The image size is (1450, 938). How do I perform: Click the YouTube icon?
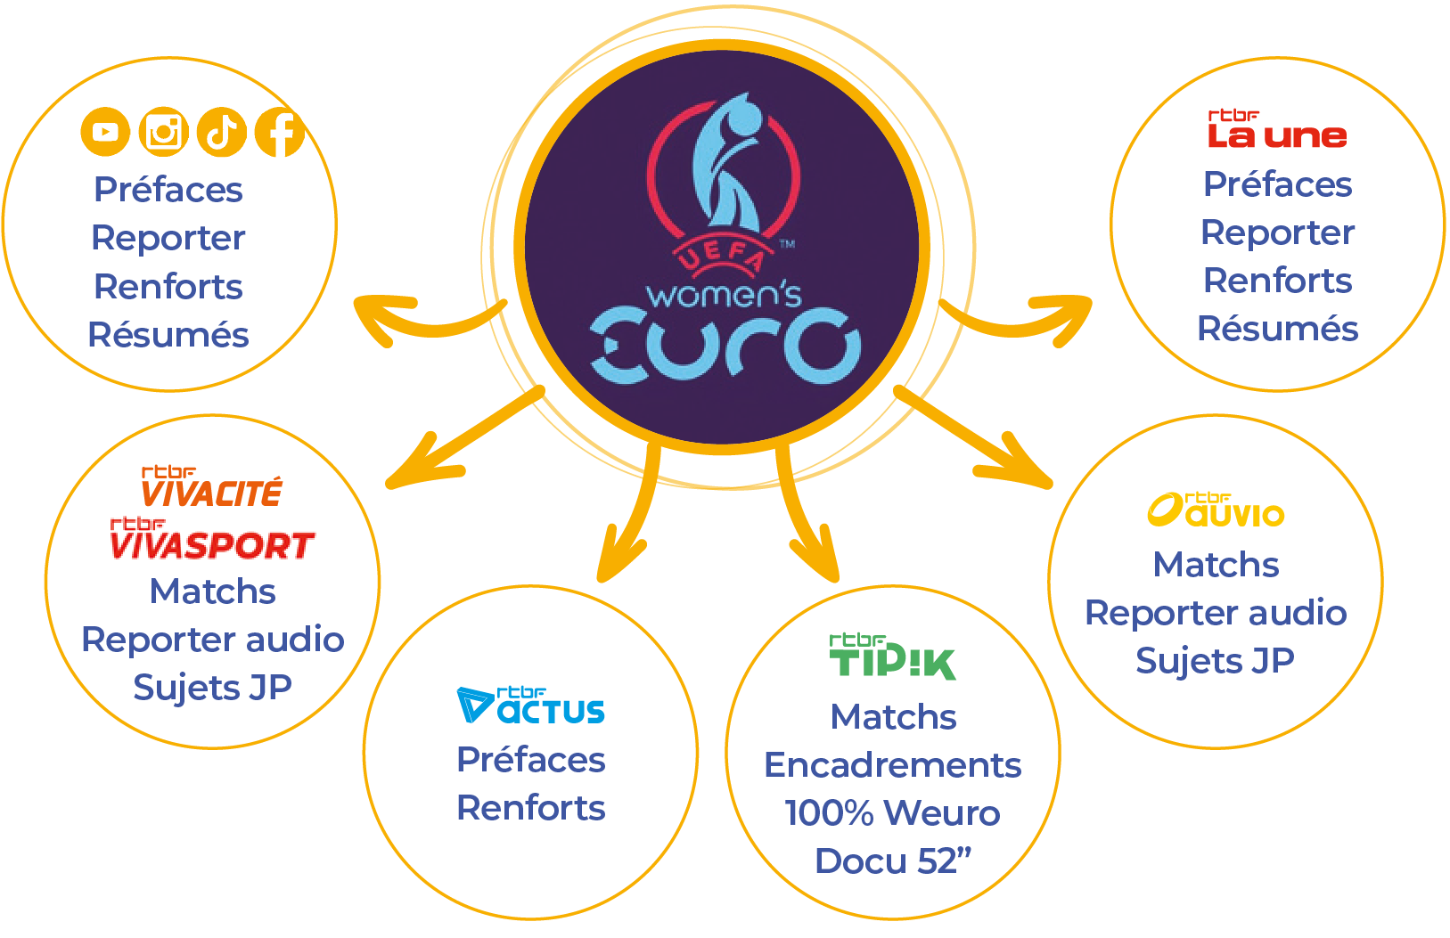click(105, 132)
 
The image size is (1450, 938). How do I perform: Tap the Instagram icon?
click(163, 132)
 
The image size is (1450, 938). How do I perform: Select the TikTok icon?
click(221, 132)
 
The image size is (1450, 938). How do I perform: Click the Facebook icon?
click(280, 132)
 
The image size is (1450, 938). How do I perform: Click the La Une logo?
click(1276, 130)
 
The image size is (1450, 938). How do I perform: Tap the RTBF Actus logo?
click(531, 705)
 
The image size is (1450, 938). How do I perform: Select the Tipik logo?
click(892, 657)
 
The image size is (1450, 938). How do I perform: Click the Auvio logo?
click(1216, 510)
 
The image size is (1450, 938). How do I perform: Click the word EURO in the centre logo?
click(725, 346)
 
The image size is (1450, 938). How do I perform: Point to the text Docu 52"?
click(892, 861)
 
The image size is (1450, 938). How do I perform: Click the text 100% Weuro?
click(892, 812)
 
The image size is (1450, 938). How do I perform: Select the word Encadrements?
click(892, 764)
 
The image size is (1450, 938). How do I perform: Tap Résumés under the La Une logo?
click(1277, 328)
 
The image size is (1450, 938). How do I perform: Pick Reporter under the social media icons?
click(168, 238)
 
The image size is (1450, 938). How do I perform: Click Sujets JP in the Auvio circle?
click(1215, 660)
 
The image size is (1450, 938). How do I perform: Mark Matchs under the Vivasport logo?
click(212, 591)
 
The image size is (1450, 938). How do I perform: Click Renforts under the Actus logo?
click(531, 807)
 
